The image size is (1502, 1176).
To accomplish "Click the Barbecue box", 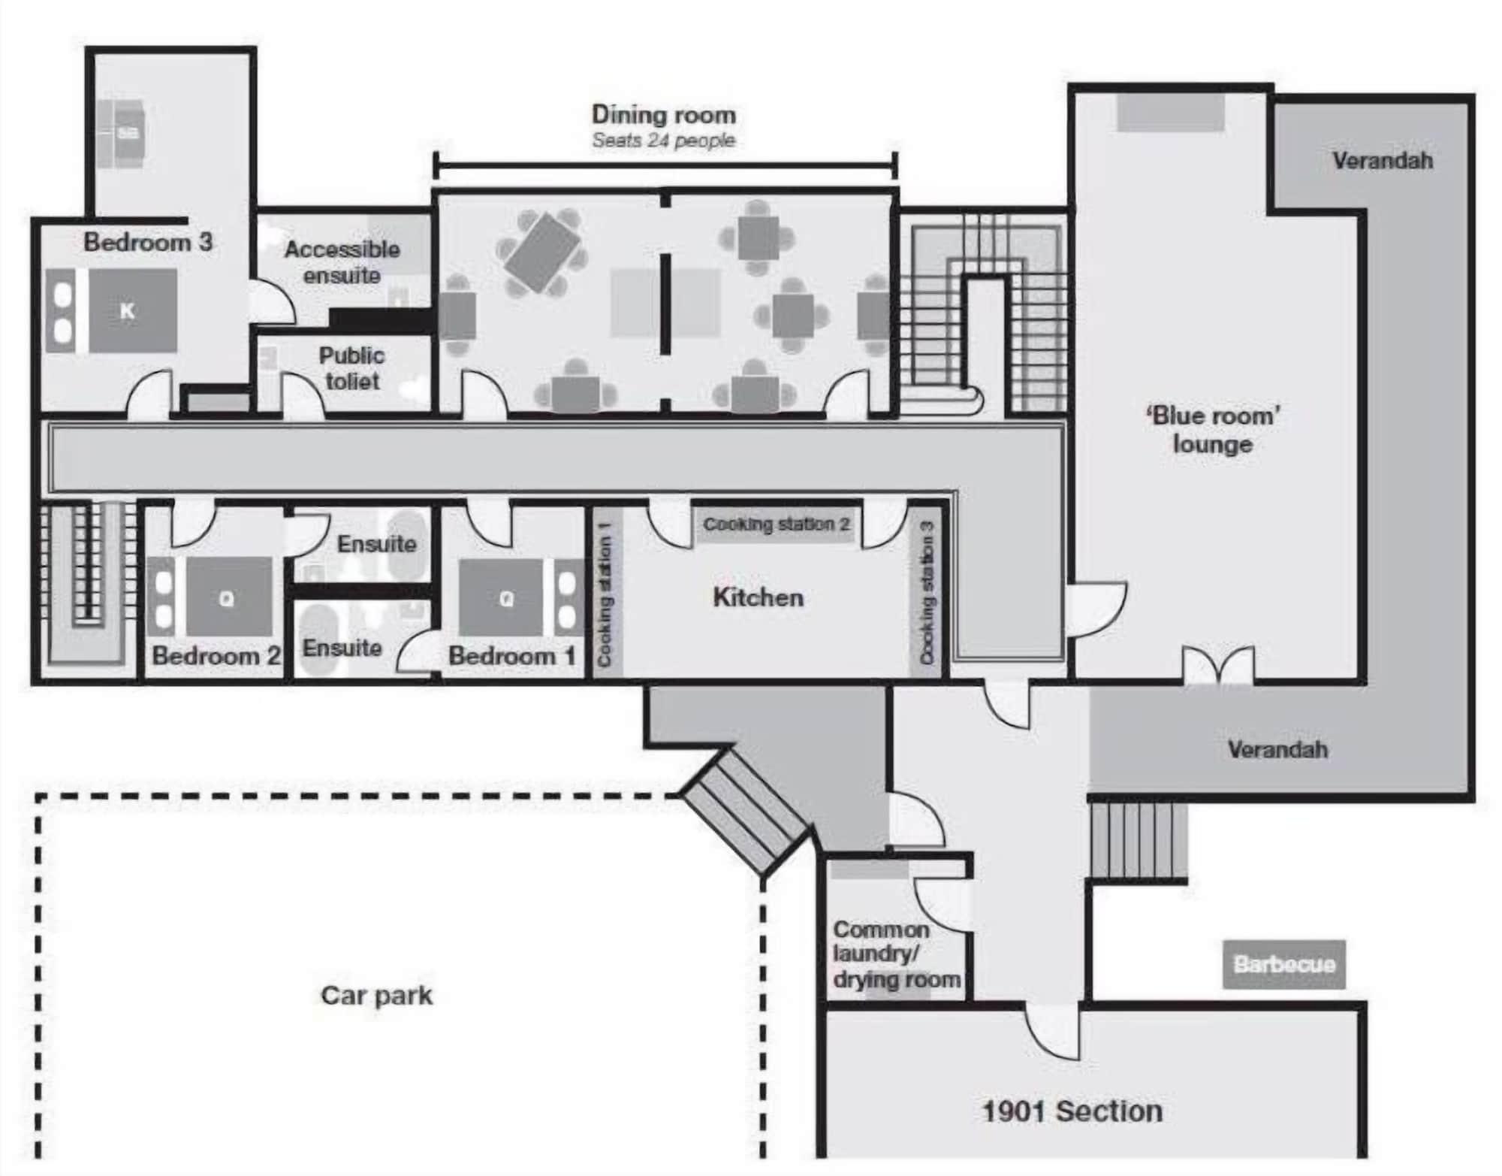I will click(x=1283, y=964).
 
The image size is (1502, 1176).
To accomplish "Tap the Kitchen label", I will click(x=758, y=597).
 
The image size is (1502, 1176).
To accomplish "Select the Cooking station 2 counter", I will click(x=776, y=524).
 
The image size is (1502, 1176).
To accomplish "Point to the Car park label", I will click(x=376, y=995).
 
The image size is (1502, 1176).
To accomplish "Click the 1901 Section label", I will click(x=1072, y=1111).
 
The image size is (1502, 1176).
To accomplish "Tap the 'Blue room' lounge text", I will click(x=1212, y=430).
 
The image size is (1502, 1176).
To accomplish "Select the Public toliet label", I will click(x=351, y=368).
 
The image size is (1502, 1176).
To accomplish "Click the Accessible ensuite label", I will click(x=342, y=262).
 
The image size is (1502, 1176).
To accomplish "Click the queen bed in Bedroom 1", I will click(x=501, y=597).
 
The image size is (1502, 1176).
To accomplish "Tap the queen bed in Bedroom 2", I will click(x=229, y=597).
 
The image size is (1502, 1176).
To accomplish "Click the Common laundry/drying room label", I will click(x=895, y=954).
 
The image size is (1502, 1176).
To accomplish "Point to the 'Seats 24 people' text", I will click(x=663, y=141).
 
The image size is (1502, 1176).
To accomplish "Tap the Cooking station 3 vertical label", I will click(x=927, y=594).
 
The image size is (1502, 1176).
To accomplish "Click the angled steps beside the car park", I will click(x=743, y=812).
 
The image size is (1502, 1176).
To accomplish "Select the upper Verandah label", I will click(x=1382, y=160).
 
